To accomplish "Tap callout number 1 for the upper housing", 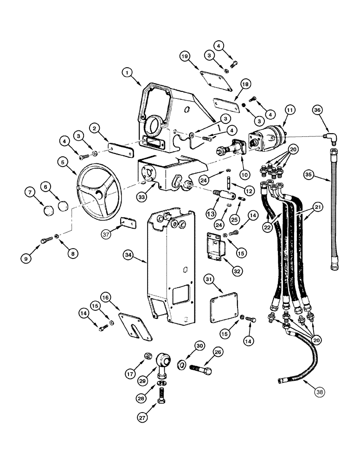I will pyautogui.click(x=129, y=72).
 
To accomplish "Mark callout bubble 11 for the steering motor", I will pyautogui.click(x=290, y=110).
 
